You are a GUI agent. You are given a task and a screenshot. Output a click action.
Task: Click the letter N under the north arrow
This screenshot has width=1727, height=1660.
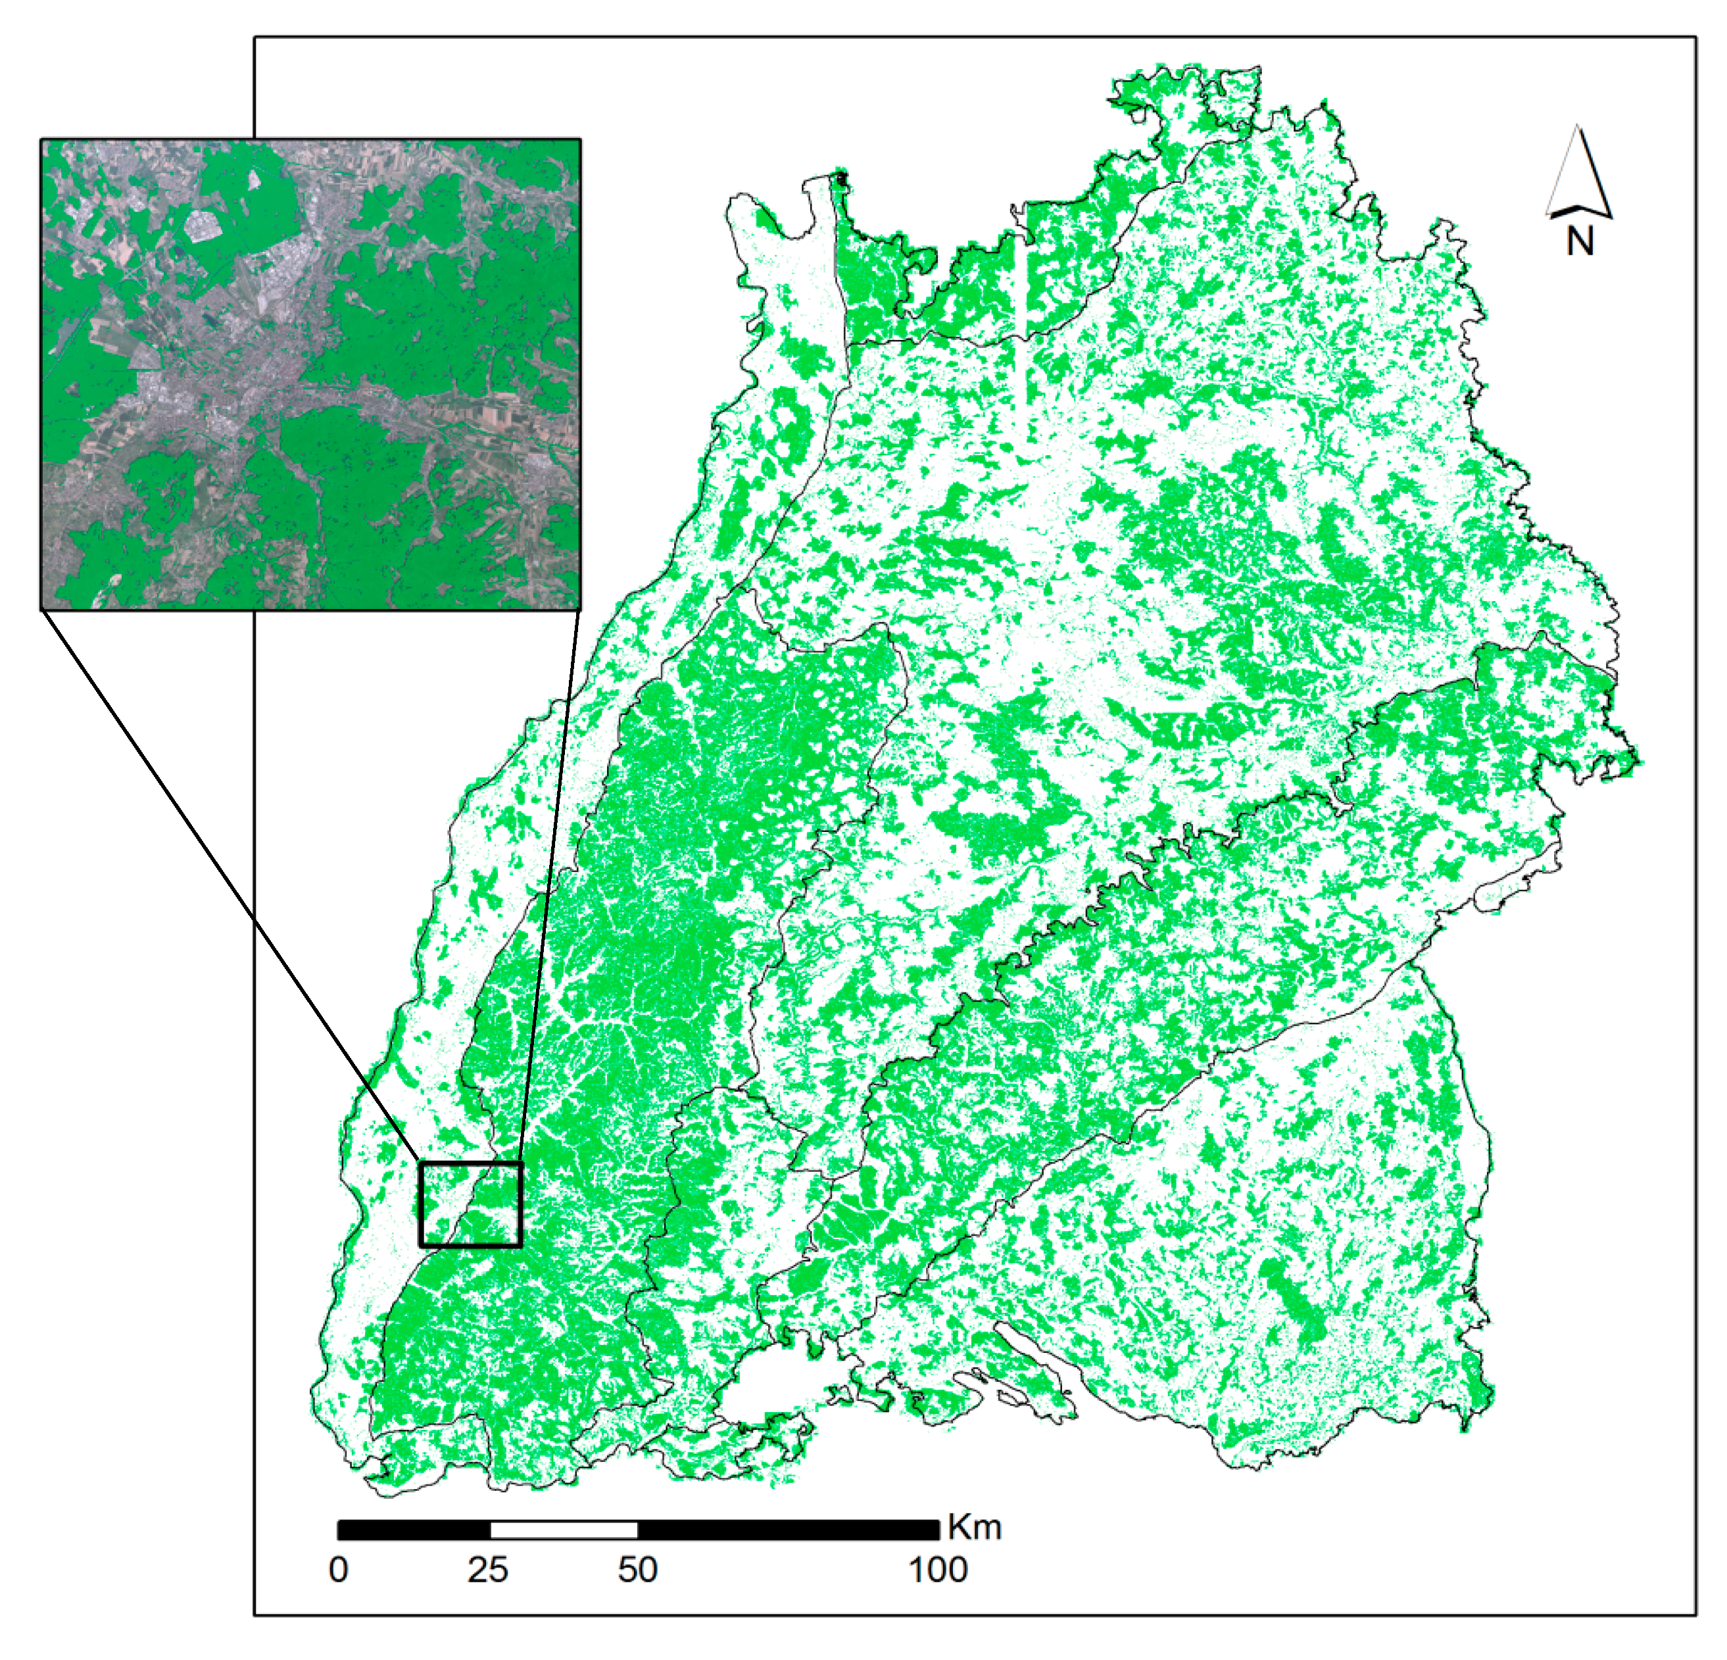pyautogui.click(x=1579, y=241)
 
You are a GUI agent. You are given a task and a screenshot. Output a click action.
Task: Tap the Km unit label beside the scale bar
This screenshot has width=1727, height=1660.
pyautogui.click(x=975, y=1527)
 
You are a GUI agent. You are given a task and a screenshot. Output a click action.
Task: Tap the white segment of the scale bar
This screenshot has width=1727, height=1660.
pyautogui.click(x=564, y=1530)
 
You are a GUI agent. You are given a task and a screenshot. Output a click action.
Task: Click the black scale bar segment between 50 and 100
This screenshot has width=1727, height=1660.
pyautogui.click(x=789, y=1530)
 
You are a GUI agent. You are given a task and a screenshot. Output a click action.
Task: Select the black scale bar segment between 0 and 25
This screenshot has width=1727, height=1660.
pyautogui.click(x=414, y=1530)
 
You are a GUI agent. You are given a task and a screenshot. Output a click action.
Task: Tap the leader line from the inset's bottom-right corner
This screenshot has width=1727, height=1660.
pyautogui.click(x=550, y=881)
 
